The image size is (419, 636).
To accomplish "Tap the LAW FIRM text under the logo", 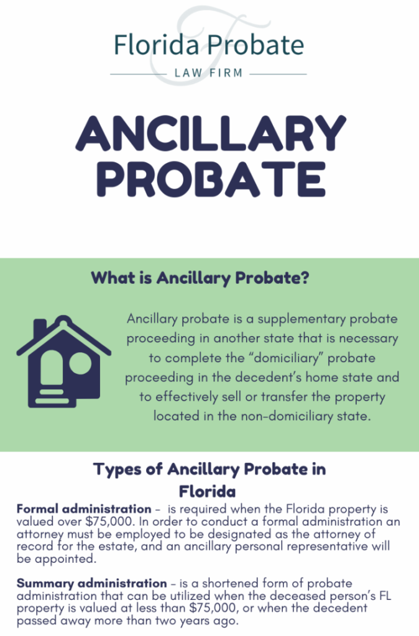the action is point(209,73).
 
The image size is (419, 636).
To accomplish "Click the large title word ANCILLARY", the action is point(211,134).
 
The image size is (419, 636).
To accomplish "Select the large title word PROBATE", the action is point(211,179).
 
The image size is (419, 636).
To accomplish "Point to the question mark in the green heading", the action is point(304,278).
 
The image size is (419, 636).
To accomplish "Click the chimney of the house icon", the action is point(40,329).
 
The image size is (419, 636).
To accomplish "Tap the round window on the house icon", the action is point(80,363).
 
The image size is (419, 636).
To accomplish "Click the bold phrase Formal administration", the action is point(84,509).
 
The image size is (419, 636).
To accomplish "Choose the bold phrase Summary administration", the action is point(92,583).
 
